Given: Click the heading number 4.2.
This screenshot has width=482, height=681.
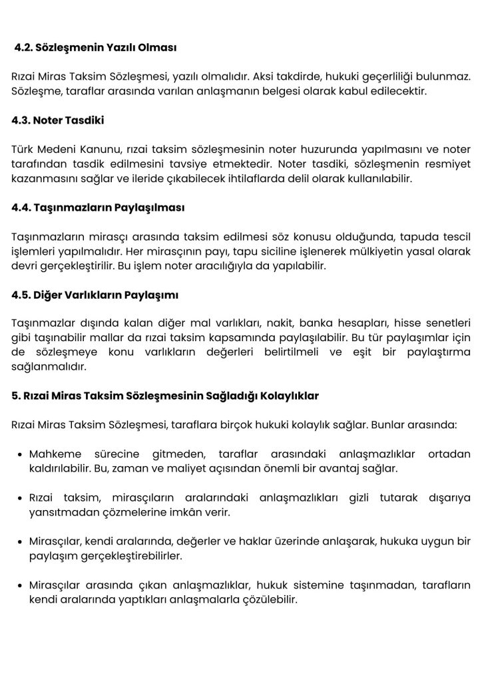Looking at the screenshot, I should coord(25,49).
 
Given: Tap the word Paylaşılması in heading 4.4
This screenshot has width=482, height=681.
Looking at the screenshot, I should coord(149,207).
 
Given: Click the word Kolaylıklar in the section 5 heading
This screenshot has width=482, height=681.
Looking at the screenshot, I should coord(289,396).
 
